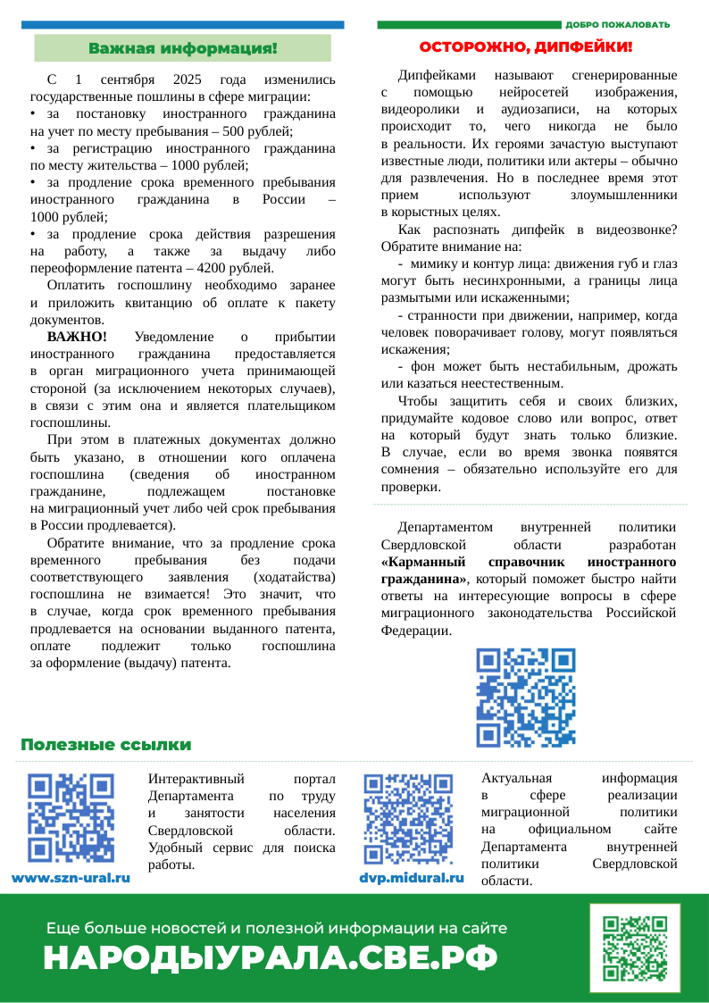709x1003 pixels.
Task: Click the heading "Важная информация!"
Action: (x=182, y=47)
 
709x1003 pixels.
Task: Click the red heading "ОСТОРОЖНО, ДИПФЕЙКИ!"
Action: (x=527, y=46)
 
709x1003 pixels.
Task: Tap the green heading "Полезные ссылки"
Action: (x=106, y=745)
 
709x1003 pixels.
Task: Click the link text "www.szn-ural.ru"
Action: (x=71, y=878)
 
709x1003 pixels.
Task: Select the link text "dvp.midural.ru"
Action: (x=412, y=878)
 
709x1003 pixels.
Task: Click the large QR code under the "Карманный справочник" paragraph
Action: (x=526, y=697)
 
